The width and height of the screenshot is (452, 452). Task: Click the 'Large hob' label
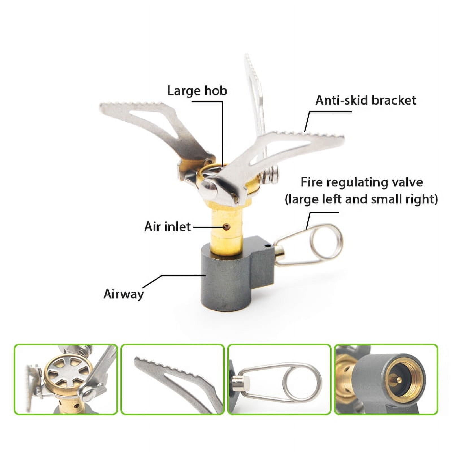point(197,91)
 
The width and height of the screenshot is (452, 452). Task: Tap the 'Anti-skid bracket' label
point(366,100)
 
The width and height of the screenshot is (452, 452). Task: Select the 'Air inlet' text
point(168,227)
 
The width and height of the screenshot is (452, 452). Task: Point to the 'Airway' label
point(124,294)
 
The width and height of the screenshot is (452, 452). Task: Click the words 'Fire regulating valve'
point(362,182)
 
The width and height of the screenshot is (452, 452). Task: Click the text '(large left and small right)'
point(361,199)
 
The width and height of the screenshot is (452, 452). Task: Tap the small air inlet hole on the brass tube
point(226,226)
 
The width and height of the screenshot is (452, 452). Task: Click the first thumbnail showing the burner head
point(66,379)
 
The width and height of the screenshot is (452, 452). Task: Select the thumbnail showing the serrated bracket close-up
point(172,379)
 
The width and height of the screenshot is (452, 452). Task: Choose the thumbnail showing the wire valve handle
point(279,379)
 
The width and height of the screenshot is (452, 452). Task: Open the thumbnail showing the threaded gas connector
point(386,379)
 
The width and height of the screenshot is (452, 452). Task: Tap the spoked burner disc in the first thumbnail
point(68,373)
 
